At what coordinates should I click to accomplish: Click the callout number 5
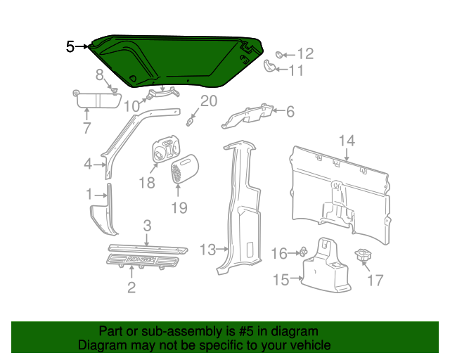[70, 46]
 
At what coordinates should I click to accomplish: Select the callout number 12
[304, 53]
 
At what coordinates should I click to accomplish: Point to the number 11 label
[296, 70]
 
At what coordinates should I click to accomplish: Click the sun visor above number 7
[96, 98]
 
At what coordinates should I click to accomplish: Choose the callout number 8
[100, 74]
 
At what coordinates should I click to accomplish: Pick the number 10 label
[132, 106]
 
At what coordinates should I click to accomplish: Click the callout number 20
[209, 101]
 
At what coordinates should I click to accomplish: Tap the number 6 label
[290, 110]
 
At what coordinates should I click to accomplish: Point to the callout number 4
[88, 165]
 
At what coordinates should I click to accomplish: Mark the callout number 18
[146, 183]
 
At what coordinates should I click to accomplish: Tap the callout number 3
[147, 226]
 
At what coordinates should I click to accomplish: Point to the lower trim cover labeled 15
[325, 271]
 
